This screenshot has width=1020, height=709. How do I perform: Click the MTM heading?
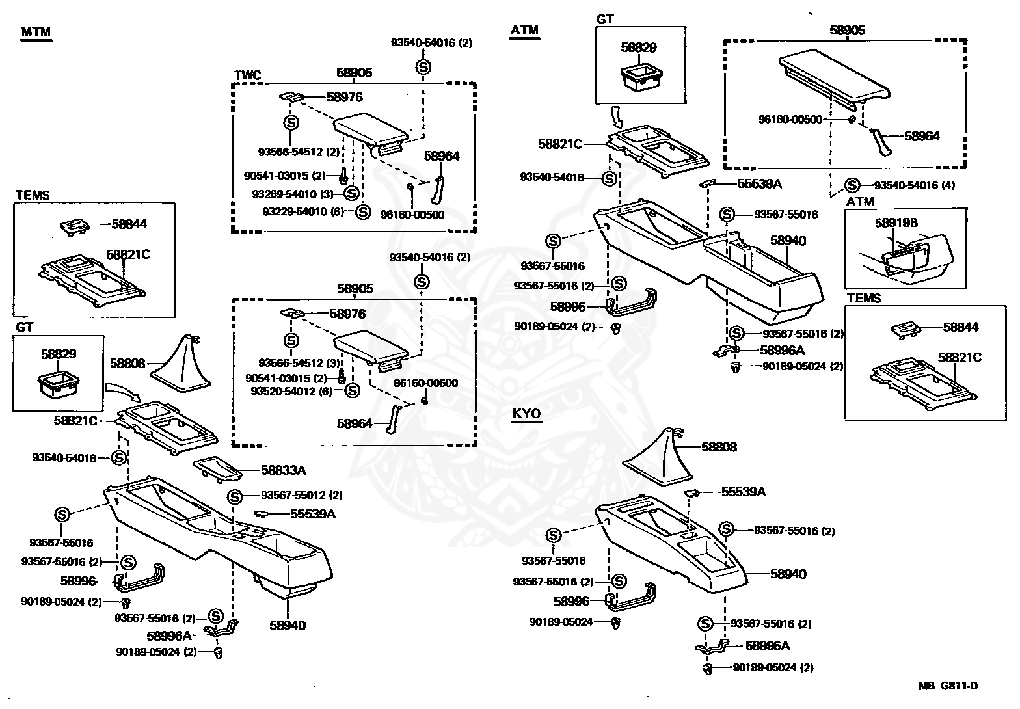[x=36, y=32]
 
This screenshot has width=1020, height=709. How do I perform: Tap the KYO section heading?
[x=526, y=414]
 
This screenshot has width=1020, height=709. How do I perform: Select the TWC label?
[x=247, y=75]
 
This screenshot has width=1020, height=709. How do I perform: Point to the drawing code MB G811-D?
[x=948, y=686]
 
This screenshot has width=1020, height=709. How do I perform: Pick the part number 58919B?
[x=896, y=222]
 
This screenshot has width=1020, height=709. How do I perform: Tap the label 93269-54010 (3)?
[x=293, y=193]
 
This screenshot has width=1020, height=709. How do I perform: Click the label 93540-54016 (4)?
[x=914, y=185]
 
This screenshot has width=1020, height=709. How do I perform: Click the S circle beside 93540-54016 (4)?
[x=853, y=185]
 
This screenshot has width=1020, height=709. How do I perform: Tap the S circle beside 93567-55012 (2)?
[x=235, y=496]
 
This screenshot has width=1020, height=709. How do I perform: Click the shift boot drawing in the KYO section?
[x=658, y=458]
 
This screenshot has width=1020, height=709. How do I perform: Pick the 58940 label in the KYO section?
[x=788, y=574]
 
